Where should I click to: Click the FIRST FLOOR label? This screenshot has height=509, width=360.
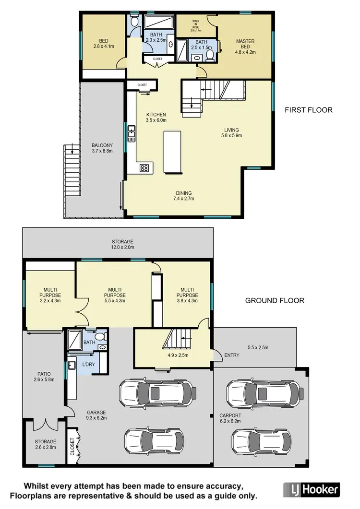click(309, 110)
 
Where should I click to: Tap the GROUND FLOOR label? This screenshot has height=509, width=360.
click(275, 301)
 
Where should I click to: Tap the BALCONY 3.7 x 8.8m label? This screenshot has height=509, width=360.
click(102, 148)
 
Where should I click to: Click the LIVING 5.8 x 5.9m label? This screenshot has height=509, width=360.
click(231, 132)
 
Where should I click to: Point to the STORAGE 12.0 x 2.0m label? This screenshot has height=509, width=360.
click(122, 245)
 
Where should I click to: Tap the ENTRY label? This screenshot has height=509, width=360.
click(231, 355)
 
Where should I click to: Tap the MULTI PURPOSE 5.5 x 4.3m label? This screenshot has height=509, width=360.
click(117, 293)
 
